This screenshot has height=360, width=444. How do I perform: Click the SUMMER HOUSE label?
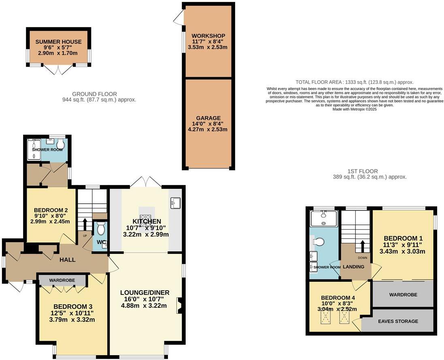(x=58, y=42)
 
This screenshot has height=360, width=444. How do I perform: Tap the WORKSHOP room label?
(x=208, y=36)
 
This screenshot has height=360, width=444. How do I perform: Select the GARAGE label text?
(x=208, y=118)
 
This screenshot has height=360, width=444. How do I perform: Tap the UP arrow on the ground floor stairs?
(x=85, y=224)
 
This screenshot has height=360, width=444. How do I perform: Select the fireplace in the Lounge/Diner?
(x=178, y=305)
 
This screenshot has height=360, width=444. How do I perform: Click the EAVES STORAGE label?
(x=398, y=321)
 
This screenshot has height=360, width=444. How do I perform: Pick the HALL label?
(x=67, y=260)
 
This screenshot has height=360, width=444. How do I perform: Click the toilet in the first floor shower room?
(x=319, y=242)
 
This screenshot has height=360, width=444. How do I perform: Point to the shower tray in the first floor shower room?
(x=323, y=219)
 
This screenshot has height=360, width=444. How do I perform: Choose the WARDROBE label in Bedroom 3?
(x=62, y=280)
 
